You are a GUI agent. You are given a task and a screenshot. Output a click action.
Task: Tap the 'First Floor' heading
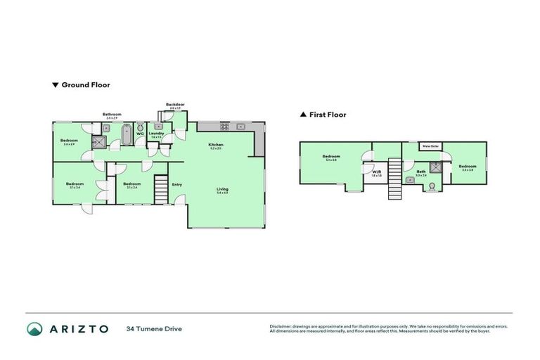(x=328, y=115)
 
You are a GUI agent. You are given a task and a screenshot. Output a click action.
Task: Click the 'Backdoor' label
(x=175, y=105)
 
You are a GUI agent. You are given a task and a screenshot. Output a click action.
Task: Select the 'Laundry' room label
(x=156, y=133)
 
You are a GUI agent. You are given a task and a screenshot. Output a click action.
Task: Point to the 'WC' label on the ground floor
(x=140, y=133)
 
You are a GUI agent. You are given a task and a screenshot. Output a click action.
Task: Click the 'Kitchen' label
(x=215, y=146)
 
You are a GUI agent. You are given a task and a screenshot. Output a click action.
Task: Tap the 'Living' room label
(x=222, y=188)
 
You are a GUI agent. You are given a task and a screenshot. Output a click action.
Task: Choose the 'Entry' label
(x=176, y=185)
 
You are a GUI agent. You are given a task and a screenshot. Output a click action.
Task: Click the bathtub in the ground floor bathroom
(x=126, y=134)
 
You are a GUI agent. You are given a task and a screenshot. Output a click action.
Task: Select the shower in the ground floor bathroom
(x=101, y=142)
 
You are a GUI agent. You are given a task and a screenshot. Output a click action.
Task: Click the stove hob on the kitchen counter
(x=225, y=127)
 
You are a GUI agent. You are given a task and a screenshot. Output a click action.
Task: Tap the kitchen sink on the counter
(x=240, y=127)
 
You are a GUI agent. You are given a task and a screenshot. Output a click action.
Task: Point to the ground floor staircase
(x=161, y=188)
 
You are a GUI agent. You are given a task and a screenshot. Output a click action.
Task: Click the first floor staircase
(x=394, y=178)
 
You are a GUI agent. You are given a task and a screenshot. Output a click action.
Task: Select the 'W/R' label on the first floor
(x=376, y=172)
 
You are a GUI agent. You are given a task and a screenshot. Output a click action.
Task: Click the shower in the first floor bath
(x=435, y=167)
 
